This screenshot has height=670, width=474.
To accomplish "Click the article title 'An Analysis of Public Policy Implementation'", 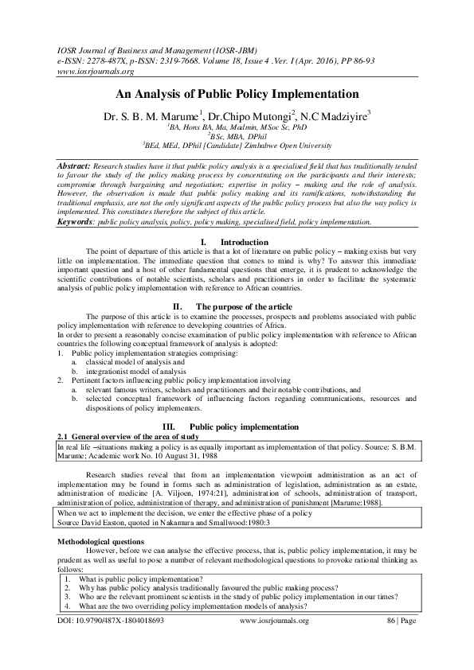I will [x=237, y=93].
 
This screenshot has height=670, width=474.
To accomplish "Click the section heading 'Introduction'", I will [x=244, y=242].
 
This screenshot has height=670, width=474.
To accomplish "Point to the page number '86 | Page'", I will [x=402, y=641].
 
